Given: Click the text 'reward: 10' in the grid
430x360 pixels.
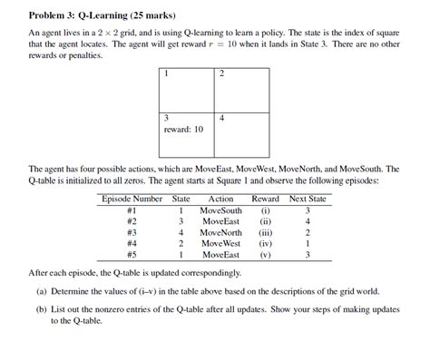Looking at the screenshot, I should (x=182, y=130).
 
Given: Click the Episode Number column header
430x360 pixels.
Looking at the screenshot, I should (x=132, y=199).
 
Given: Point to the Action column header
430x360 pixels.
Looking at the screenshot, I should (x=220, y=199).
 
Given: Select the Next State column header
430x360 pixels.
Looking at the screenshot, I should (x=308, y=199).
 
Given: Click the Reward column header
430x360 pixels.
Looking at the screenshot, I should (x=265, y=199).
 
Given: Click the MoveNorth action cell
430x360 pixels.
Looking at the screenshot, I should (x=221, y=232).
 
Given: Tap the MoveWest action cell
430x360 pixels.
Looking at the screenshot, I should (x=221, y=243).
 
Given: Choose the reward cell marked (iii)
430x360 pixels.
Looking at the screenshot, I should (x=265, y=232).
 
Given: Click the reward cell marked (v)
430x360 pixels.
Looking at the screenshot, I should (x=265, y=255).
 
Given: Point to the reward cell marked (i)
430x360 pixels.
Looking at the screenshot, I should (x=265, y=210).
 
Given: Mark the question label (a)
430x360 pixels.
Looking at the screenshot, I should (x=43, y=292).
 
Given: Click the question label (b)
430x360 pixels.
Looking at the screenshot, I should (x=43, y=310).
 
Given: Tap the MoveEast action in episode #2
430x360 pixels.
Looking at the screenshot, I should (x=221, y=221).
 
